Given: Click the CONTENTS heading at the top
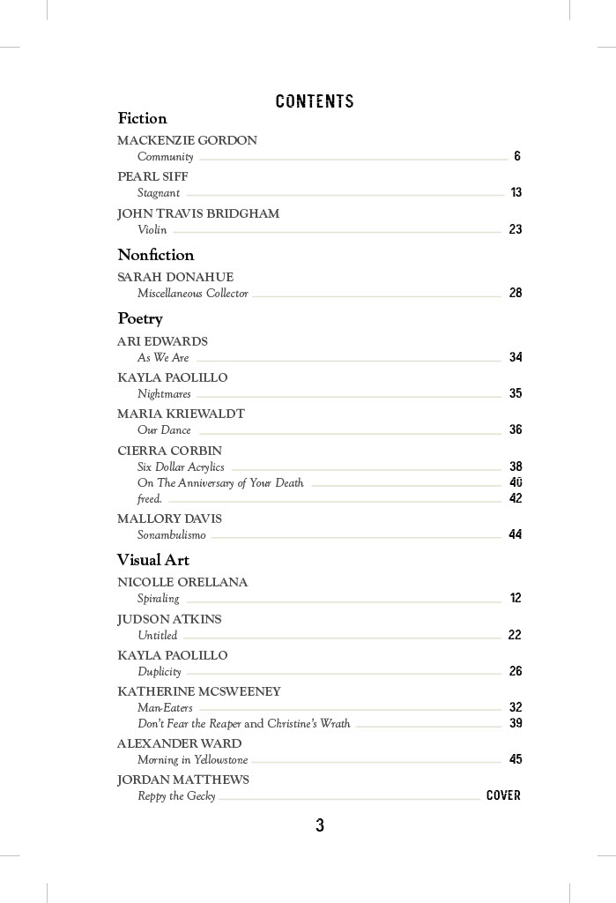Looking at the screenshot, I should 315,101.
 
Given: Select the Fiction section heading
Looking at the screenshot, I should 142,118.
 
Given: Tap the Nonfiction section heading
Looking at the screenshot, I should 156,255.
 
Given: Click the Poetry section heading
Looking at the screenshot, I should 140,318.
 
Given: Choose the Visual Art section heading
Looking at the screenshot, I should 153,560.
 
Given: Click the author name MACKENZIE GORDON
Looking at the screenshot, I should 187,140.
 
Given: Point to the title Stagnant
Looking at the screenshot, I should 159,193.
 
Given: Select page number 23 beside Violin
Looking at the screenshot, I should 516,229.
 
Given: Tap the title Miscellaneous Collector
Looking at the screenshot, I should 193,294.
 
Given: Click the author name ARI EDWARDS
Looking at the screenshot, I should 162,341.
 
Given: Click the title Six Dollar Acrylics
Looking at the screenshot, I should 181,467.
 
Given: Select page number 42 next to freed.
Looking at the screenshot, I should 516,498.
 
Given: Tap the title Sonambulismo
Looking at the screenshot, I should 172,535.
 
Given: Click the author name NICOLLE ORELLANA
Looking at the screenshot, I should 182,582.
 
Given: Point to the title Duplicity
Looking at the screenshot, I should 160,672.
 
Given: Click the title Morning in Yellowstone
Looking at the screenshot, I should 193,760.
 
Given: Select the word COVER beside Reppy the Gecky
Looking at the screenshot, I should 503,795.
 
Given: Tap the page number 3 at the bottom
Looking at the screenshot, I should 320,825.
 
